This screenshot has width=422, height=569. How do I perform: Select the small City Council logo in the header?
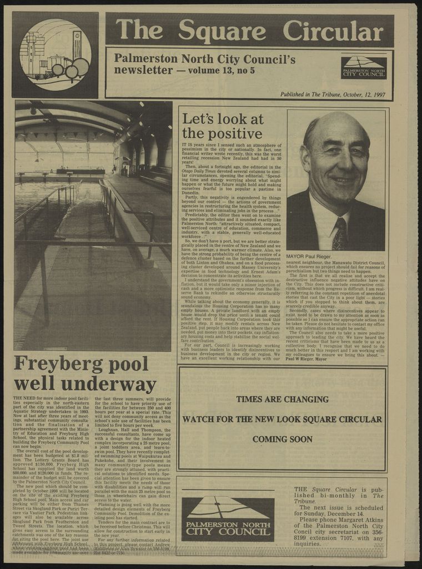click(364, 67)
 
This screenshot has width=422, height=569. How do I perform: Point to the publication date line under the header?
click(333, 94)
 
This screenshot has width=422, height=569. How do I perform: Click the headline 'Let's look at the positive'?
click(222, 126)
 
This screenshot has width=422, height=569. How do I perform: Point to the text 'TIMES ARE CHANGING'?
click(282, 399)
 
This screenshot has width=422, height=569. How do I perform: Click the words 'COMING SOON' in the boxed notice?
click(282, 439)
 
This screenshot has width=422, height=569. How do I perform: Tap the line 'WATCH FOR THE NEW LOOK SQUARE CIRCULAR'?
click(282, 419)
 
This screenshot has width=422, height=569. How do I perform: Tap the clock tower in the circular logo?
click(77, 44)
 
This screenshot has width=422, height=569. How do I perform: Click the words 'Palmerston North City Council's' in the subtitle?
click(204, 58)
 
